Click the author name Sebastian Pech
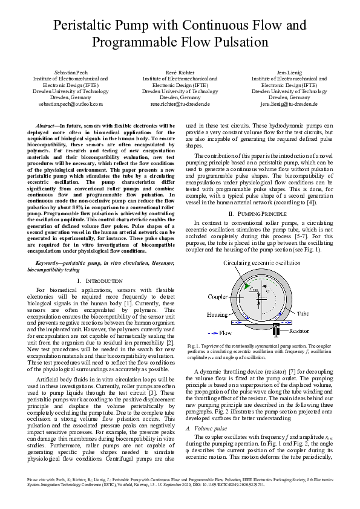click(x=70, y=72)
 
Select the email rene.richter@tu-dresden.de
click(x=180, y=104)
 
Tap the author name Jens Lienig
click(x=289, y=72)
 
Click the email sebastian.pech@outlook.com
click(x=70, y=104)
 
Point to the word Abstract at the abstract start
click(x=47, y=125)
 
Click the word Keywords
click(x=50, y=264)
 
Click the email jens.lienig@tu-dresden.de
click(x=289, y=104)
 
